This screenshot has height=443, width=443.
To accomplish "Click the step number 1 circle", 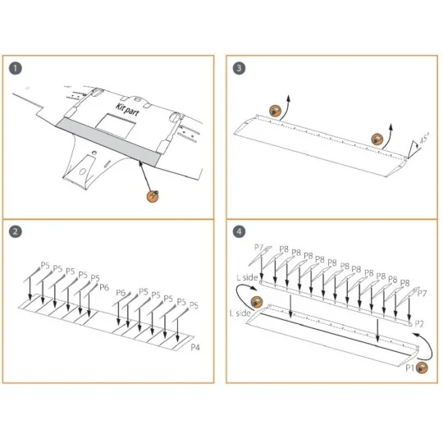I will pyautogui.click(x=16, y=67).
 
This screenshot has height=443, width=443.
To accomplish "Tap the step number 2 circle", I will pyautogui.click(x=16, y=232).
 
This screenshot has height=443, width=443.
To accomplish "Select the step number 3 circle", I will pyautogui.click(x=239, y=67).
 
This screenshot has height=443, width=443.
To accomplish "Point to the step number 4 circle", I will pyautogui.click(x=239, y=232).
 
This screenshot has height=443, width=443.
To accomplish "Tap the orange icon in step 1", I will pyautogui.click(x=152, y=194).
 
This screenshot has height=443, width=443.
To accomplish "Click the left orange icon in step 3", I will pyautogui.click(x=276, y=111).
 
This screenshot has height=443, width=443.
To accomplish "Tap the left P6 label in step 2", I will pyautogui.click(x=103, y=286).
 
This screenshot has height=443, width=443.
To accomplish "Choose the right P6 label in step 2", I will pyautogui.click(x=120, y=293).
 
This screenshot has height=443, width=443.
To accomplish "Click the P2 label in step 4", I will pyautogui.click(x=419, y=324).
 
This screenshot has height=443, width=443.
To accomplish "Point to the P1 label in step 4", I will pyautogui.click(x=411, y=371).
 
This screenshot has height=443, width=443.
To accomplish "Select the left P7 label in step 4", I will pyautogui.click(x=258, y=248).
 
